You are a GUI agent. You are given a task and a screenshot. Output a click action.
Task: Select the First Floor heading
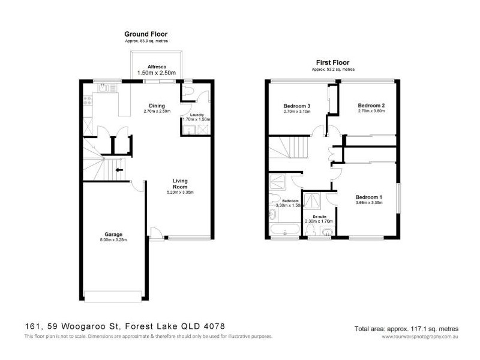[x=332, y=62]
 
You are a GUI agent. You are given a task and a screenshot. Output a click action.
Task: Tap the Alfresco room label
[x=157, y=67]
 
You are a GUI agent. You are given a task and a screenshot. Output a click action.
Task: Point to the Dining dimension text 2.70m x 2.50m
[x=157, y=111]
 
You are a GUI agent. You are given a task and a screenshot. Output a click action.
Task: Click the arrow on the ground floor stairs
[x=120, y=170]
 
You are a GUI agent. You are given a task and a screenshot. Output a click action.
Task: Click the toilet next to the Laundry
[x=188, y=90]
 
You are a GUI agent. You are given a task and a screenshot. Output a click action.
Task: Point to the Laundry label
[x=197, y=114]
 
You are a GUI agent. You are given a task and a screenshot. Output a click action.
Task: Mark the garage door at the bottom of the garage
[x=114, y=295]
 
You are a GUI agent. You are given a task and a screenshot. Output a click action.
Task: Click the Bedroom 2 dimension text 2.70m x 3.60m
[x=370, y=111]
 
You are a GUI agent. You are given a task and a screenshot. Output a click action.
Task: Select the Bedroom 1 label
[x=368, y=197]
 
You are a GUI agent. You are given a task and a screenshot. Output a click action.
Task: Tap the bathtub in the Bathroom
[x=284, y=230]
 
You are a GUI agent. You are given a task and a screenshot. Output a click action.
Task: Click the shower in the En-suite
[x=313, y=200]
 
